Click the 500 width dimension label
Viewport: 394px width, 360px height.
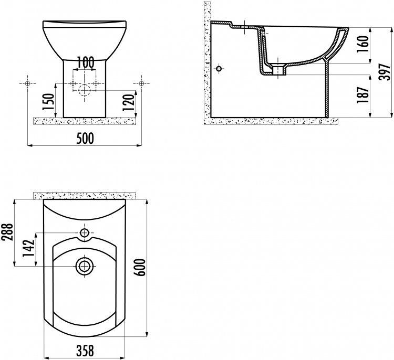coord(85,139)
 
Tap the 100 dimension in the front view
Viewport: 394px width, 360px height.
coord(85,62)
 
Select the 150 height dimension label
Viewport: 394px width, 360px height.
coord(48,102)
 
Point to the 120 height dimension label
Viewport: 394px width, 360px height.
coord(129,102)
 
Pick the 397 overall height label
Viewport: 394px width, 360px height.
coord(385,72)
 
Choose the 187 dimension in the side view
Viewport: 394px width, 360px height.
coord(362,94)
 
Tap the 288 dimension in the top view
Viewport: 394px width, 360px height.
coord(7,232)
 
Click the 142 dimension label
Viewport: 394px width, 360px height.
coord(28,248)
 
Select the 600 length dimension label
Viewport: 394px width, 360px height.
coord(140,267)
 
